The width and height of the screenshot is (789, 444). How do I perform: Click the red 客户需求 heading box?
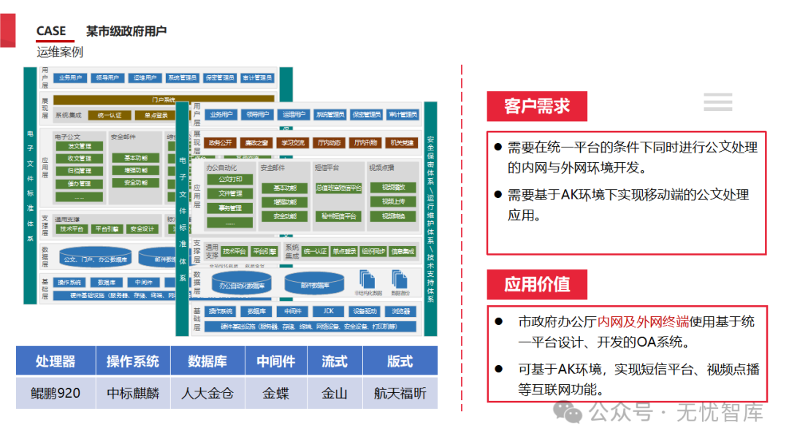tap(537, 107)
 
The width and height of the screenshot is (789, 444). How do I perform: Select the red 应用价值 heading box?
tap(537, 284)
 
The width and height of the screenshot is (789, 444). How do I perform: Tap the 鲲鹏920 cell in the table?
tap(56, 393)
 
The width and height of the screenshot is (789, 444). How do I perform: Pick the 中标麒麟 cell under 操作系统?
tap(133, 393)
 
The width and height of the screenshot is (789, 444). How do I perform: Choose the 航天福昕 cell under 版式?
tap(400, 393)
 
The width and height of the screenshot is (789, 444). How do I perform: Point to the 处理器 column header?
tap(56, 361)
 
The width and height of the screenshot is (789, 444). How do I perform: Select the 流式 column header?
tap(335, 361)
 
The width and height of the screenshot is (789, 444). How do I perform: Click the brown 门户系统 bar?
tap(164, 99)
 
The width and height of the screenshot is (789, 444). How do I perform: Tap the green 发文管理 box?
tap(80, 146)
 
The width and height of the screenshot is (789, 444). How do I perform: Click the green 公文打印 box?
tap(235, 180)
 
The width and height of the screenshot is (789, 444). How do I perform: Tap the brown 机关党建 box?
tap(402, 142)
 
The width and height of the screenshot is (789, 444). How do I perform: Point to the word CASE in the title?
tap(51, 31)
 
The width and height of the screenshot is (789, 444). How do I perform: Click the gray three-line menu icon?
tap(718, 102)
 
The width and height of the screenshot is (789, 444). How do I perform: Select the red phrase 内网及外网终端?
tap(643, 321)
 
